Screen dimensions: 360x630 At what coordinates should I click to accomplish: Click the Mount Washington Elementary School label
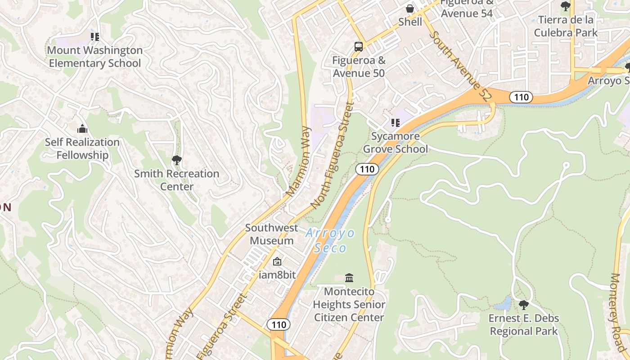tap(95, 57)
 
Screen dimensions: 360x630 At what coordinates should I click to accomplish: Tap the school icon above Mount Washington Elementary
tap(94, 37)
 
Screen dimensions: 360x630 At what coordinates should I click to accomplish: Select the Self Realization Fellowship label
tap(82, 148)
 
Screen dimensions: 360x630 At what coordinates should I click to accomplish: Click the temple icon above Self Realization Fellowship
tap(82, 129)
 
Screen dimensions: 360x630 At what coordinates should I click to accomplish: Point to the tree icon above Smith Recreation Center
tap(177, 160)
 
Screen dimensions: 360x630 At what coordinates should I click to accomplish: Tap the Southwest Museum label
tap(271, 234)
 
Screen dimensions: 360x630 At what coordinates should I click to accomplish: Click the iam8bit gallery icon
tap(277, 261)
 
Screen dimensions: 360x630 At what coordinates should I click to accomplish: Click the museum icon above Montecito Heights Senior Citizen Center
tap(349, 278)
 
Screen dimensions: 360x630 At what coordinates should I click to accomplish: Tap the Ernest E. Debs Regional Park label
tap(524, 325)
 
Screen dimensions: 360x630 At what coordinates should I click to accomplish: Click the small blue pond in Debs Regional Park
tap(503, 305)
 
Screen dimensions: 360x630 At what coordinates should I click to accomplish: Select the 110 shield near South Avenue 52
tap(521, 97)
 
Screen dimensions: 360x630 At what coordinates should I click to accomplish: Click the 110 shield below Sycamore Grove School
tap(367, 169)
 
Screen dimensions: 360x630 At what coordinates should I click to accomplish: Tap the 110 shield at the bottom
tap(279, 324)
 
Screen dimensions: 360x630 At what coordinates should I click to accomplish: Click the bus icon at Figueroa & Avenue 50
tap(359, 46)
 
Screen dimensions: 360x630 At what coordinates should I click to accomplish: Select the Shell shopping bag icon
tap(410, 9)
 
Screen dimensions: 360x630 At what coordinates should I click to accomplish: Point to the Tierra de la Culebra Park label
tap(566, 26)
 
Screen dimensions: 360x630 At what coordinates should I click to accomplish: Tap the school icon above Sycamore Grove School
tap(395, 122)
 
